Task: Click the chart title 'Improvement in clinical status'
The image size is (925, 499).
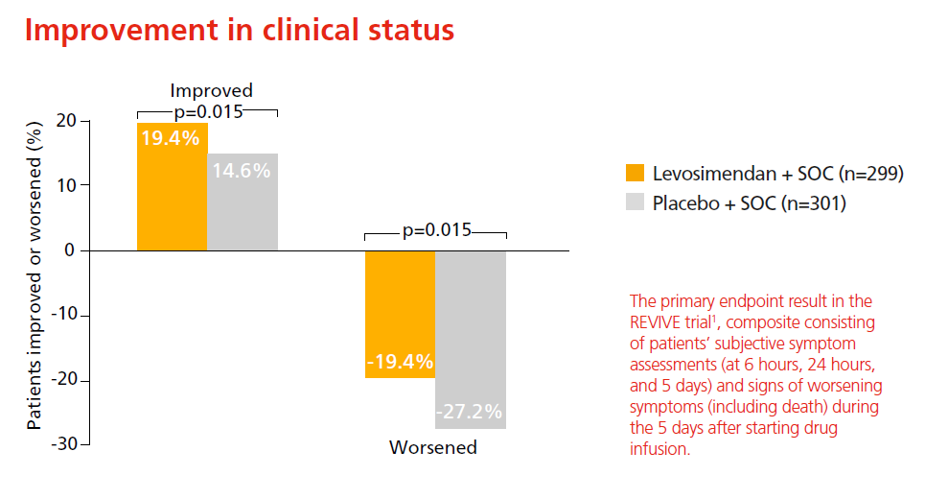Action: pos(239,30)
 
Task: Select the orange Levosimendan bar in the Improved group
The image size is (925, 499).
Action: pos(172,192)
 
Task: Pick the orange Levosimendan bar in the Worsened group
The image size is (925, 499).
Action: pos(400,307)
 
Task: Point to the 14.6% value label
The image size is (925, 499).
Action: pos(243,171)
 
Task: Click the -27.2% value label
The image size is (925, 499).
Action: pos(470,412)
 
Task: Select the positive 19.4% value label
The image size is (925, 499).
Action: pos(171,137)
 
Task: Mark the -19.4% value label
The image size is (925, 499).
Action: pos(400,362)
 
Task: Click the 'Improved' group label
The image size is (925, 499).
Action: pos(211,91)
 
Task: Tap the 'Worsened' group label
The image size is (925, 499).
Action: pos(432,448)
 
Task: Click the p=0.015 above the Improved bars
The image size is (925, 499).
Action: pos(208,110)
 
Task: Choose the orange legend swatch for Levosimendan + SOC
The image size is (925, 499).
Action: pos(635,174)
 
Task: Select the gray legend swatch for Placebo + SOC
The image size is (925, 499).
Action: pos(635,203)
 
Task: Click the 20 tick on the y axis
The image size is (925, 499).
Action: pos(66,120)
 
